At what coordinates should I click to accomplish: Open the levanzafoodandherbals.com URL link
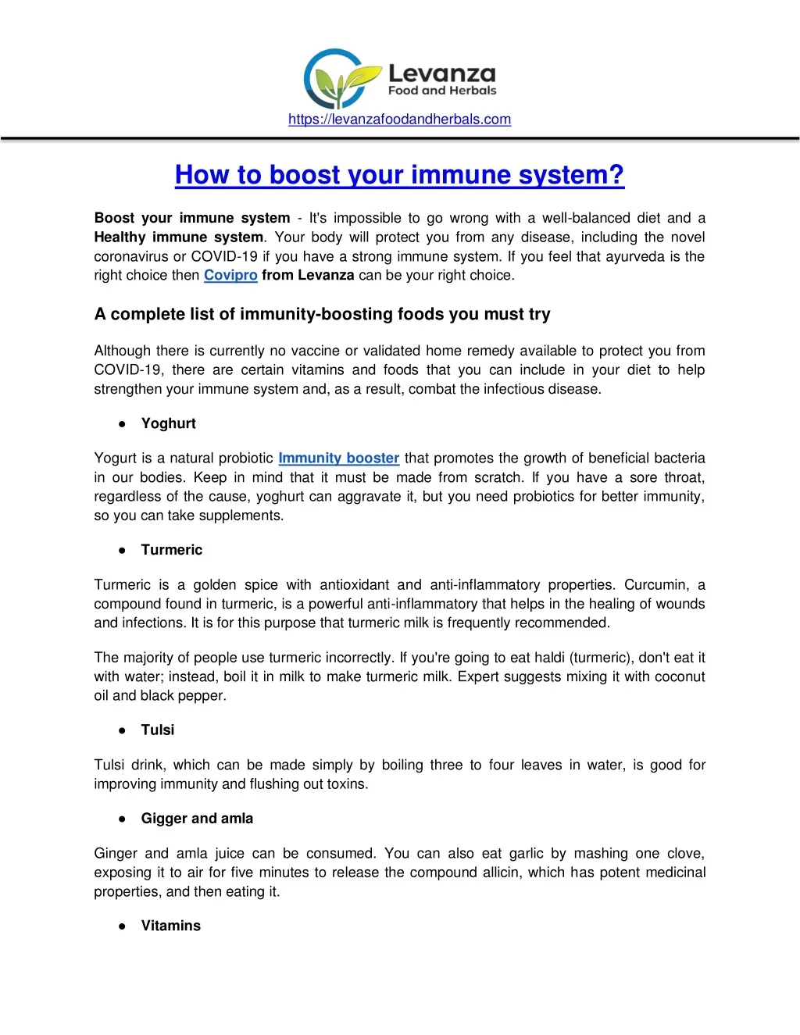click(399, 120)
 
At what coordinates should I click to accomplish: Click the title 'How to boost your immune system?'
click(399, 174)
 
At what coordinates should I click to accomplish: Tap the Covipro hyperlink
click(230, 275)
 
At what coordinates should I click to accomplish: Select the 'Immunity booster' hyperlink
click(338, 458)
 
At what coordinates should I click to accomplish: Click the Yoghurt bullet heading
click(168, 423)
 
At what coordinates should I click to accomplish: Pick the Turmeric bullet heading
click(171, 550)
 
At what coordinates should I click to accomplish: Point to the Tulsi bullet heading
click(157, 730)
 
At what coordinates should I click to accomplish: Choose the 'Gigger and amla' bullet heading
click(197, 819)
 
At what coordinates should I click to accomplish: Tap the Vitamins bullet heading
click(170, 926)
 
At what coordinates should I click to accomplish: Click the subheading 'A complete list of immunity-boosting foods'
click(322, 314)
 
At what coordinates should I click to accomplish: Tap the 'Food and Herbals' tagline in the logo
click(442, 91)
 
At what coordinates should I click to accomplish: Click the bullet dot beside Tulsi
click(123, 730)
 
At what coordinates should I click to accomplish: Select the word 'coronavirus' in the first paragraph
click(131, 256)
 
